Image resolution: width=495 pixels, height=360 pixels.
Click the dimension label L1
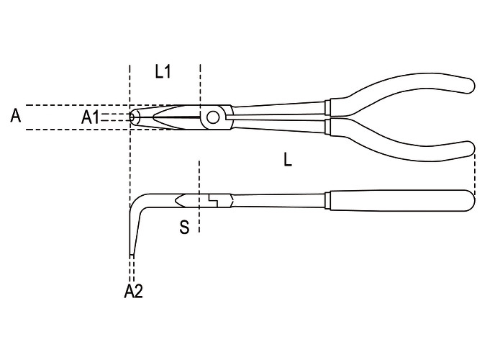[x=163, y=72]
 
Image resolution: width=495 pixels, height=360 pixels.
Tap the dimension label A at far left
[x=16, y=116]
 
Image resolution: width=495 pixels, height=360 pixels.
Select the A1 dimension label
[x=90, y=117]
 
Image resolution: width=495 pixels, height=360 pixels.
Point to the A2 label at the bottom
[x=133, y=291]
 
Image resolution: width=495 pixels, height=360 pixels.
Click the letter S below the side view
[x=184, y=227]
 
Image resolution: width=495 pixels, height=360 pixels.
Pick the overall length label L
[x=288, y=159]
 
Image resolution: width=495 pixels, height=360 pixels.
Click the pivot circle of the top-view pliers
[x=213, y=117]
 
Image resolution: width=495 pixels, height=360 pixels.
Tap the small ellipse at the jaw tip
[x=134, y=117]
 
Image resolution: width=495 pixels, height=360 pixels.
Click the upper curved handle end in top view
[x=467, y=85]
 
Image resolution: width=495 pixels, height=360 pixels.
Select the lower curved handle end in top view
[x=467, y=150]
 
